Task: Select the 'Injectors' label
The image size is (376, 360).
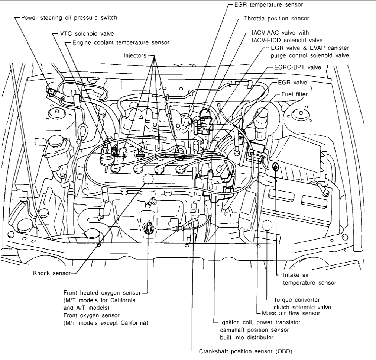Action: (x=135, y=55)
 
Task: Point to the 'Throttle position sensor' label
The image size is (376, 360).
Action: (x=276, y=18)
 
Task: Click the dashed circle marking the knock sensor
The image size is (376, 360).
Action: (x=148, y=179)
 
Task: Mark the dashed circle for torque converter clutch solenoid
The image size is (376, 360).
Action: (x=267, y=225)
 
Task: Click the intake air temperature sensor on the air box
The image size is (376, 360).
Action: (x=275, y=167)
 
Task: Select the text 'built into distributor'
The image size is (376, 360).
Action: (x=246, y=337)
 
